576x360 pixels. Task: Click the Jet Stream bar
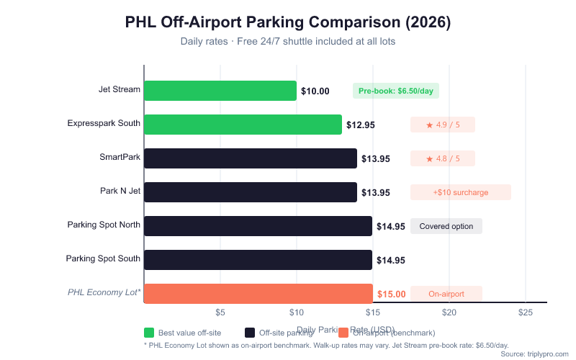[220, 91]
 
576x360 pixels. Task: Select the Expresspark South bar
[243, 125]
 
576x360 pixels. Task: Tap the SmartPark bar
[251, 158]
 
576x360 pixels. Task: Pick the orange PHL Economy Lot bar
[258, 294]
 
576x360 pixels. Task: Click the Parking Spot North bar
[258, 226]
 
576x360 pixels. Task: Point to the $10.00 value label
[315, 91]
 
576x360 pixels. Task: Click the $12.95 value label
[361, 125]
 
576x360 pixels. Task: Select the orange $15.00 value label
[392, 294]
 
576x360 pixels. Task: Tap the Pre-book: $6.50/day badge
[395, 91]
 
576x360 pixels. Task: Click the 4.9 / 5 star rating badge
[442, 125]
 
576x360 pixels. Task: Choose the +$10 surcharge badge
[460, 192]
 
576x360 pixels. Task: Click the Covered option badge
[446, 226]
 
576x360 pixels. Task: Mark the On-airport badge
[446, 294]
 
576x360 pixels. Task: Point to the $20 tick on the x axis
[449, 312]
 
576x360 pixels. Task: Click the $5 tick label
[220, 312]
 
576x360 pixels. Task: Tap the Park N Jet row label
[120, 192]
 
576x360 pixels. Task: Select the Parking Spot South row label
[103, 258]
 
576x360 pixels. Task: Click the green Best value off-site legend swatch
[149, 333]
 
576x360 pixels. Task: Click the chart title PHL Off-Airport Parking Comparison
[288, 22]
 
